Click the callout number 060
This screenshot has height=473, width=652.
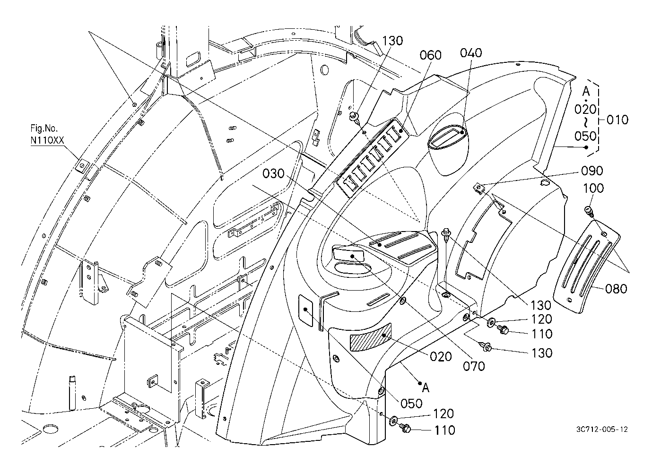pos(430,55)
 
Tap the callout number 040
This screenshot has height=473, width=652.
pos(471,52)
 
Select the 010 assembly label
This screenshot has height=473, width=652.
pos(617,120)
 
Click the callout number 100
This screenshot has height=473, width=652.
pos(593,188)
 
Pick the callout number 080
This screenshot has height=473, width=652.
pos(616,288)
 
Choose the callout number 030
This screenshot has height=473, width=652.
pos(273,173)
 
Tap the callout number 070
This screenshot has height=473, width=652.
pos(474,365)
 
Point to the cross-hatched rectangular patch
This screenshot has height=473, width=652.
pos(370,340)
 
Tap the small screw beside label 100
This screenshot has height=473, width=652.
pos(589,210)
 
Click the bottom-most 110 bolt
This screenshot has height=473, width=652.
pos(406,428)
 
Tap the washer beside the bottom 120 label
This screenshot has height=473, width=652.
pos(392,420)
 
